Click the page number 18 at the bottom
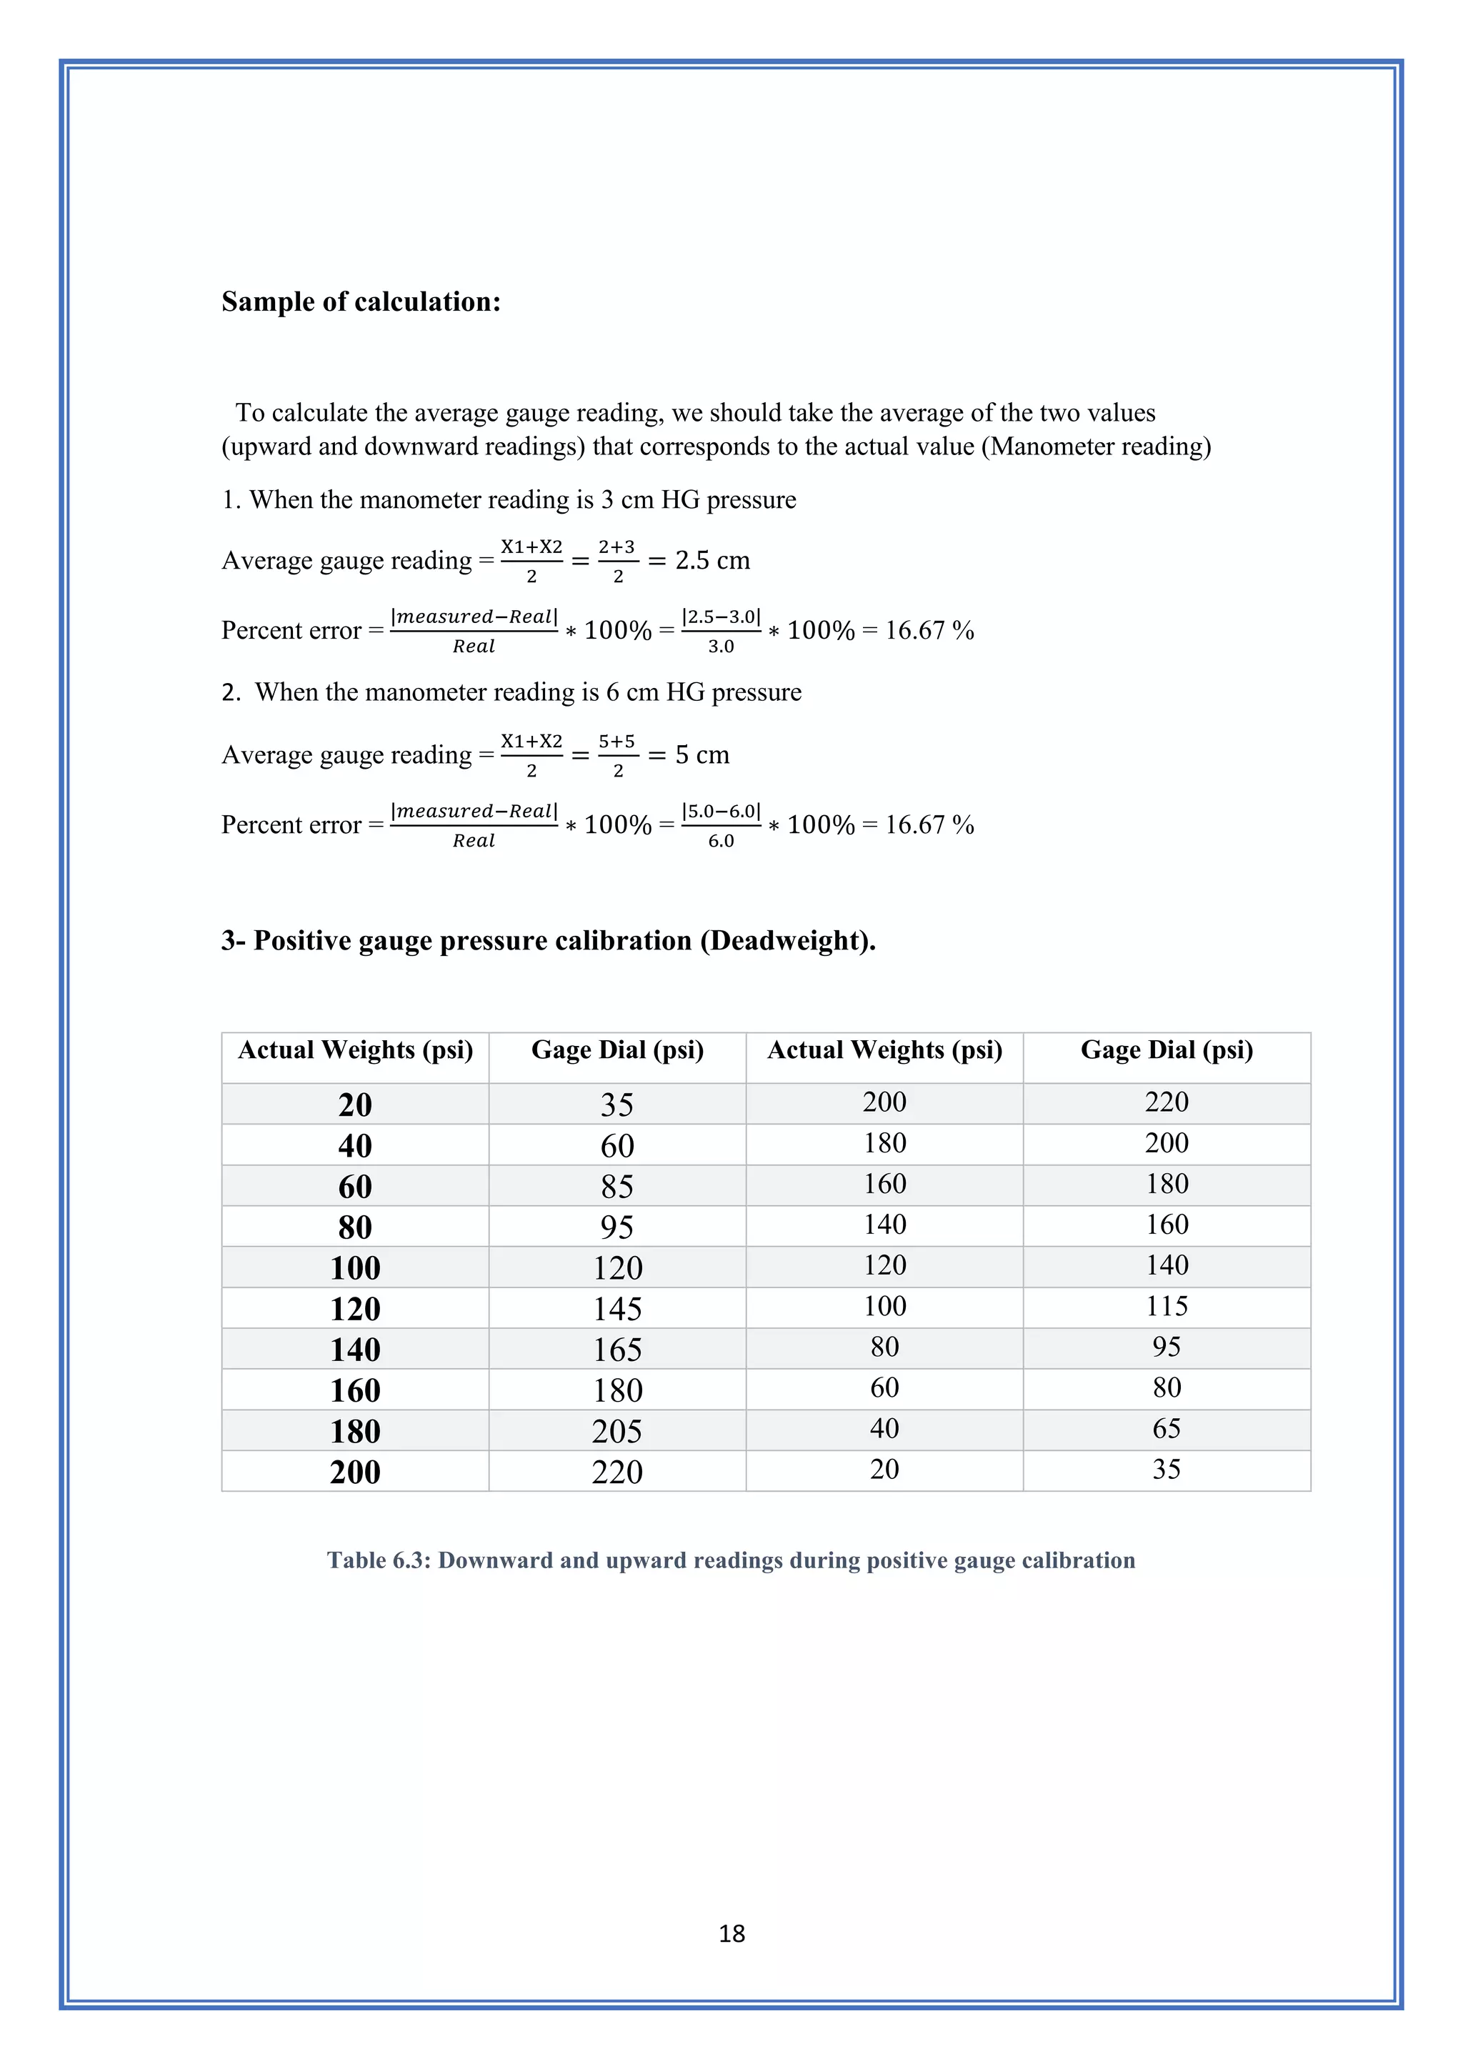[731, 1933]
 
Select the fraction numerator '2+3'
[617, 547]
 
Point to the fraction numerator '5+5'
[617, 742]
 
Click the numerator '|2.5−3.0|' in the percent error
[721, 617]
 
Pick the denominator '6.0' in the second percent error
[721, 841]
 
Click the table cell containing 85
[617, 1186]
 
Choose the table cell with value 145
[617, 1308]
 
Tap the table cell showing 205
[617, 1431]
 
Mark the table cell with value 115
[1167, 1306]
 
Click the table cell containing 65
[1167, 1428]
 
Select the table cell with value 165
[617, 1349]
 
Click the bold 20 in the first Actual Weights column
[355, 1105]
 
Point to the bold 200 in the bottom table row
[355, 1472]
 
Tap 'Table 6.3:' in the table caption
[379, 1560]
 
